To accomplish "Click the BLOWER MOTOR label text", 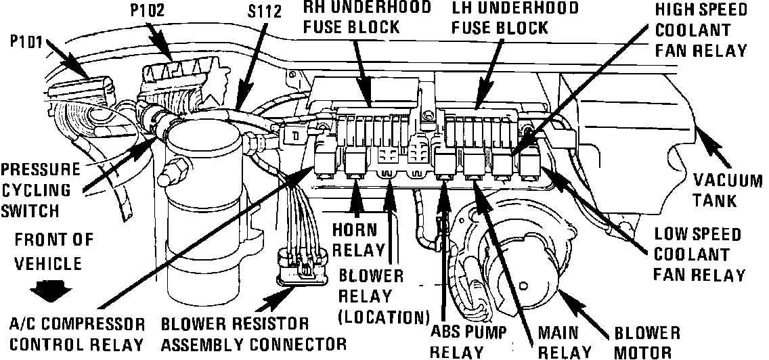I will point(646,342).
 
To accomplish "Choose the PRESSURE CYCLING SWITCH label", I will point(39,190).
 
